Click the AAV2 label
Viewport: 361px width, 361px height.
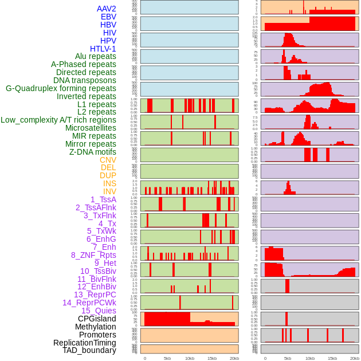coord(107,9)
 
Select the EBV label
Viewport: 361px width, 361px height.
coord(108,17)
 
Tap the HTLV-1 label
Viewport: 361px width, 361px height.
coord(103,49)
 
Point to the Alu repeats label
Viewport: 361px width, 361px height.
coord(96,56)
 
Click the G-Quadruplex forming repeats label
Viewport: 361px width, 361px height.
coord(61,88)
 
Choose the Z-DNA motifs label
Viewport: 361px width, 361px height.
coord(93,152)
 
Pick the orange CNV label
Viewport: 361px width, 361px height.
coord(108,160)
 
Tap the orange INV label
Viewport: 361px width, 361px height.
coord(109,191)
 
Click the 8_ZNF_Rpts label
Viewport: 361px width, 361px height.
coord(93,255)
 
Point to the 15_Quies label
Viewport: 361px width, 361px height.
coord(99,311)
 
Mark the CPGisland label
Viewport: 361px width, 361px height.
coord(97,319)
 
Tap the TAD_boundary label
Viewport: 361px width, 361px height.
coord(89,350)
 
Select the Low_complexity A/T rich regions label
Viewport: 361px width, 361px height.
coord(58,120)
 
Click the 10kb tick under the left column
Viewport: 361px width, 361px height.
coord(189,358)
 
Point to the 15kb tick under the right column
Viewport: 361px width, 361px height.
coord(332,358)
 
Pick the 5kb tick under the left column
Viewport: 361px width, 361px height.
coord(167,358)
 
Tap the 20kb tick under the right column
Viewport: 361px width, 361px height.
coord(355,358)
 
